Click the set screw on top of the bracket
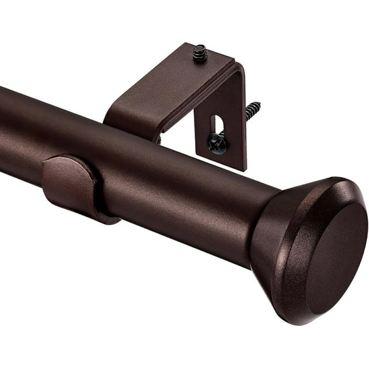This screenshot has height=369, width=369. tap(200, 52)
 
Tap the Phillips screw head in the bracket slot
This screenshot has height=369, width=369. tap(218, 144)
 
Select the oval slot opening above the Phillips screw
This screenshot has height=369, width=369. tap(217, 124)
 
